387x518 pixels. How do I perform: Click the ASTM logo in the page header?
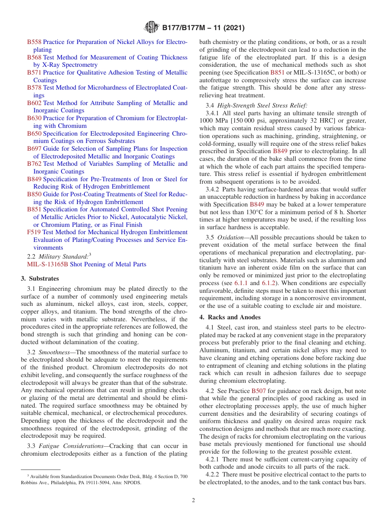click(x=152, y=28)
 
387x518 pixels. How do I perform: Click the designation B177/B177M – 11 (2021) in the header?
click(x=203, y=28)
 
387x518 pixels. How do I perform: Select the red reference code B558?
click(x=34, y=42)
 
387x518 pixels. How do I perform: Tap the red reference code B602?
click(x=34, y=103)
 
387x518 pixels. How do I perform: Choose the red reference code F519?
click(x=34, y=232)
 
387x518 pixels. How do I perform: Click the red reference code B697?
click(x=34, y=149)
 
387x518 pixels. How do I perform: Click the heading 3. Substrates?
click(x=40, y=279)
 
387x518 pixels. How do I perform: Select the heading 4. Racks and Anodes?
click(x=230, y=317)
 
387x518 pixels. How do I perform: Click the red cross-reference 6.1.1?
click(x=240, y=283)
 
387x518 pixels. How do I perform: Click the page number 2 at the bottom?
click(x=193, y=500)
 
